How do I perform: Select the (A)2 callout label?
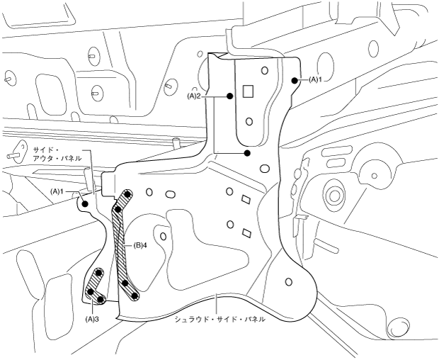tap(195, 95)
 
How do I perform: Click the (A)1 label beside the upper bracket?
tap(315, 80)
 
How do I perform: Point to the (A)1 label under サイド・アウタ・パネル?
tap(57, 191)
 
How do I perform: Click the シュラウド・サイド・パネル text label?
tap(220, 320)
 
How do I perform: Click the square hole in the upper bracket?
tap(248, 91)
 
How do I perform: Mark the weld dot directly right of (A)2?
tap(229, 95)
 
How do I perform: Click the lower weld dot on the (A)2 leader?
tap(246, 152)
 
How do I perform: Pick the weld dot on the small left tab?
tap(85, 203)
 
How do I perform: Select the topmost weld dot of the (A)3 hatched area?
tap(99, 272)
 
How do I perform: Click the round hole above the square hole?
tap(264, 70)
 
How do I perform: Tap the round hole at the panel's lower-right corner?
tap(287, 282)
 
